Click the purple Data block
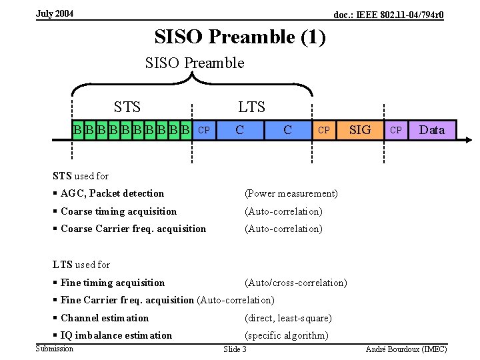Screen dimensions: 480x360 (432, 130)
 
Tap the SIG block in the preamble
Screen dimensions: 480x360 (360, 130)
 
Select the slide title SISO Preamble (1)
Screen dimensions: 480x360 (240, 37)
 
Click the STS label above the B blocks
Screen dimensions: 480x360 (127, 107)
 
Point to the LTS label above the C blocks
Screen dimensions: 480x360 (251, 107)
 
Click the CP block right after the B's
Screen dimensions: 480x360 (205, 130)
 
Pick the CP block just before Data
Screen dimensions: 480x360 (396, 130)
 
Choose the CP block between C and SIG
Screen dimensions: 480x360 (323, 130)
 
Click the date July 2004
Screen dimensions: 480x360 (55, 14)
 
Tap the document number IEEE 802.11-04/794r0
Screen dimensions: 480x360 (389, 15)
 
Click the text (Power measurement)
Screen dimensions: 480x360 (291, 194)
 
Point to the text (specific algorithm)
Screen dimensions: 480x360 (287, 335)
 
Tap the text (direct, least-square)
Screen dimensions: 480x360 (288, 318)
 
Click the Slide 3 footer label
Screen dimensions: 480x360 (235, 349)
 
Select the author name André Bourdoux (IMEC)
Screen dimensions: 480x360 (406, 349)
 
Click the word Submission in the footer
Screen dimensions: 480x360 (54, 349)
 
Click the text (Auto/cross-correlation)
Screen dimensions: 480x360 (296, 283)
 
